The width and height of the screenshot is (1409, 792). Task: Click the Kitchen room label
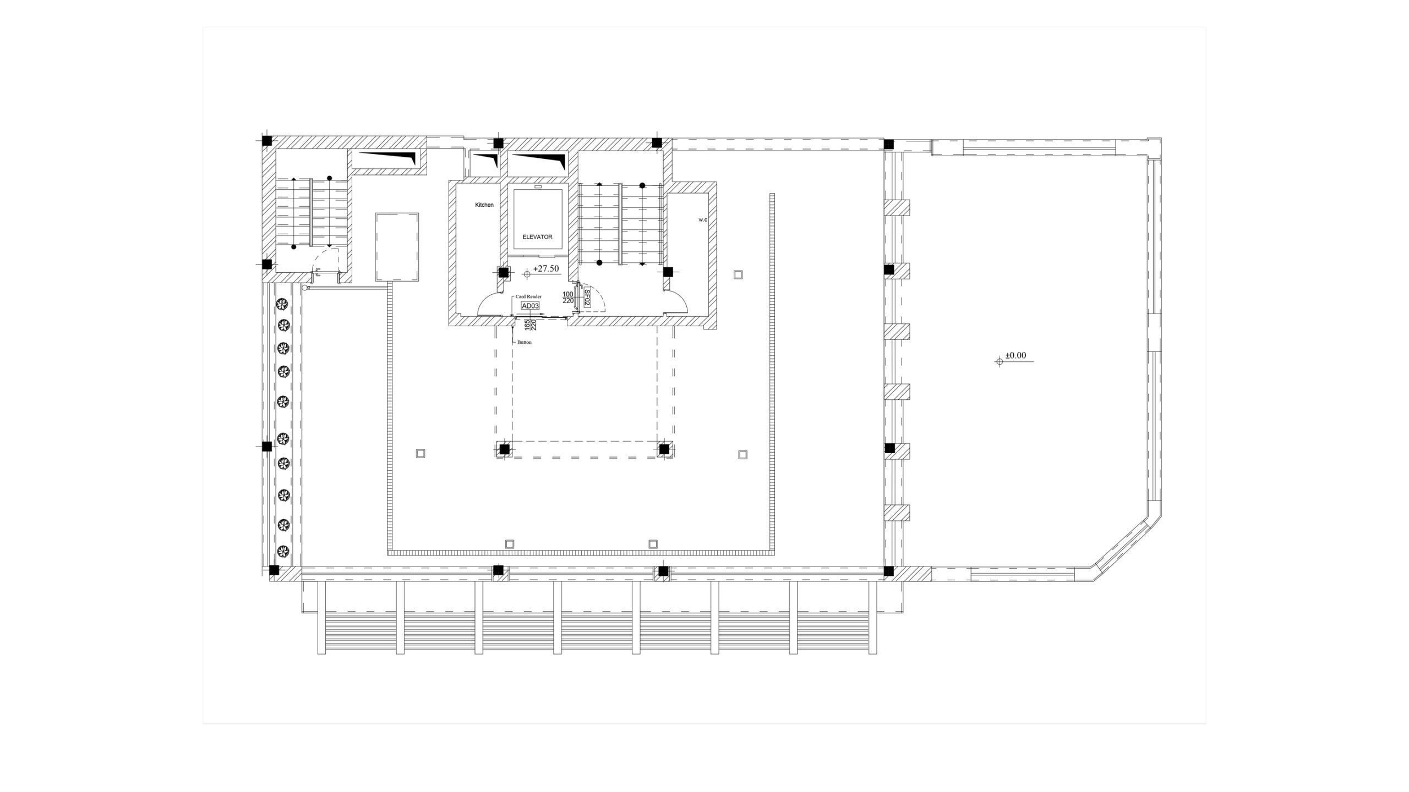pos(484,205)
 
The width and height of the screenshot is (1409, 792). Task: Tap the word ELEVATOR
pos(537,237)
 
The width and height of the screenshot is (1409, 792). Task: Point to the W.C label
pos(703,220)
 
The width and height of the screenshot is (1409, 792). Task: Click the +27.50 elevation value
pos(546,268)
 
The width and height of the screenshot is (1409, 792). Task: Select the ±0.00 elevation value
pos(1016,355)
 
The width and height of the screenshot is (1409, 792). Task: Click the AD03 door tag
pos(530,306)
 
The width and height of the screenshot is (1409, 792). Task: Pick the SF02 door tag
pos(587,298)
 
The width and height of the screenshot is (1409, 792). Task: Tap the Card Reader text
pos(528,297)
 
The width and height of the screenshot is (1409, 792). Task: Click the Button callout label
pos(525,343)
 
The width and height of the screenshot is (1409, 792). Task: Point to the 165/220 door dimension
pos(530,325)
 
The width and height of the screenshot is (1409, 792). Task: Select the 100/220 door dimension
pos(568,298)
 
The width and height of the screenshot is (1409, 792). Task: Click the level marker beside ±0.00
pos(1000,361)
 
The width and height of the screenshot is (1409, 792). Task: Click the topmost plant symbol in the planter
pos(283,304)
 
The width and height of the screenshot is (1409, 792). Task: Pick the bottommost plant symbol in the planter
pos(283,550)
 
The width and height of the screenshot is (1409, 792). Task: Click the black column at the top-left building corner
pos(267,141)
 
